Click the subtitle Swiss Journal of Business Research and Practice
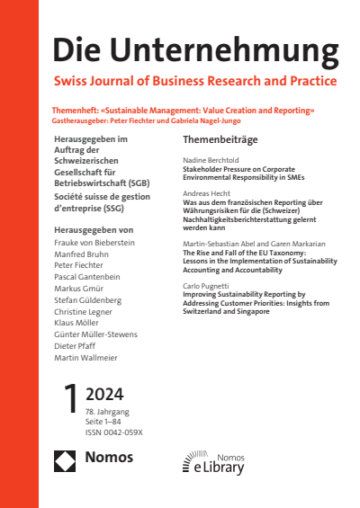[x=195, y=81]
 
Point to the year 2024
[x=105, y=419]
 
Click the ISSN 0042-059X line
[x=116, y=455]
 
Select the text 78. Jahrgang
[x=107, y=434]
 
